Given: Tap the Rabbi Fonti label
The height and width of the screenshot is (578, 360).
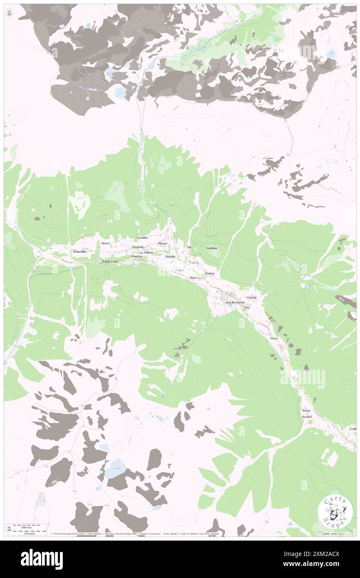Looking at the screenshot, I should (x=111, y=262).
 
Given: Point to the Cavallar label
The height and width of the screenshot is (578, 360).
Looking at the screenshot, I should (x=143, y=237).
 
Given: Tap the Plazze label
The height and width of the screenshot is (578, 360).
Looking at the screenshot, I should (x=163, y=243).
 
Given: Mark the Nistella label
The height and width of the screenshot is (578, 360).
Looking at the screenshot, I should (x=170, y=257).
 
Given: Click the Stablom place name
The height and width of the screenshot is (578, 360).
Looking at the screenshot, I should (x=212, y=248).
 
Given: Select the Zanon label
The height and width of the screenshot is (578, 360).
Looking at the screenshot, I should (x=210, y=273).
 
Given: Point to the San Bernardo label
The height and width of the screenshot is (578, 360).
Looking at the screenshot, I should (x=235, y=302).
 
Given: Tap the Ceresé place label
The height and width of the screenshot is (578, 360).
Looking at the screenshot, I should (x=252, y=298).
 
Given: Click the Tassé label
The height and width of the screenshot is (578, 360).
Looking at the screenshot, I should (x=274, y=339).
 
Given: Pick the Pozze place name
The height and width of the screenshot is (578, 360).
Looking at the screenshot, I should (x=306, y=411).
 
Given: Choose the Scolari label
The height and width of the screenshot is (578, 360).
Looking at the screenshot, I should (x=307, y=417).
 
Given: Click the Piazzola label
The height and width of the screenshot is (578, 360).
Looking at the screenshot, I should (x=138, y=247).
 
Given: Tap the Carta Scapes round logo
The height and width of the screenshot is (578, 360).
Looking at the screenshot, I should (x=335, y=511).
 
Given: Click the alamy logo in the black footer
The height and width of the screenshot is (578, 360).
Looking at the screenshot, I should (x=42, y=558).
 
